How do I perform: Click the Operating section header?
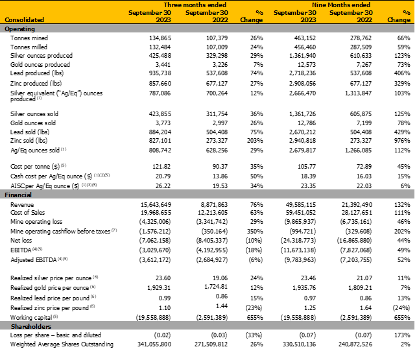click(20, 29)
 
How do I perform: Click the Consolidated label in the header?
click(25, 20)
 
